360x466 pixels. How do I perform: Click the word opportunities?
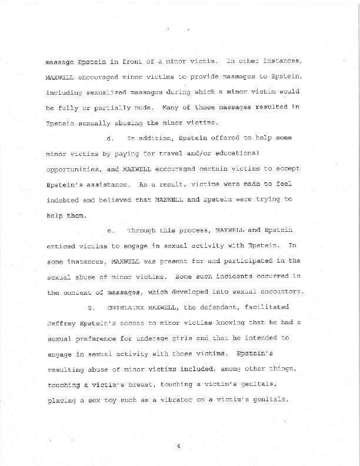72,168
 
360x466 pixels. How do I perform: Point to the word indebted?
63,199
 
